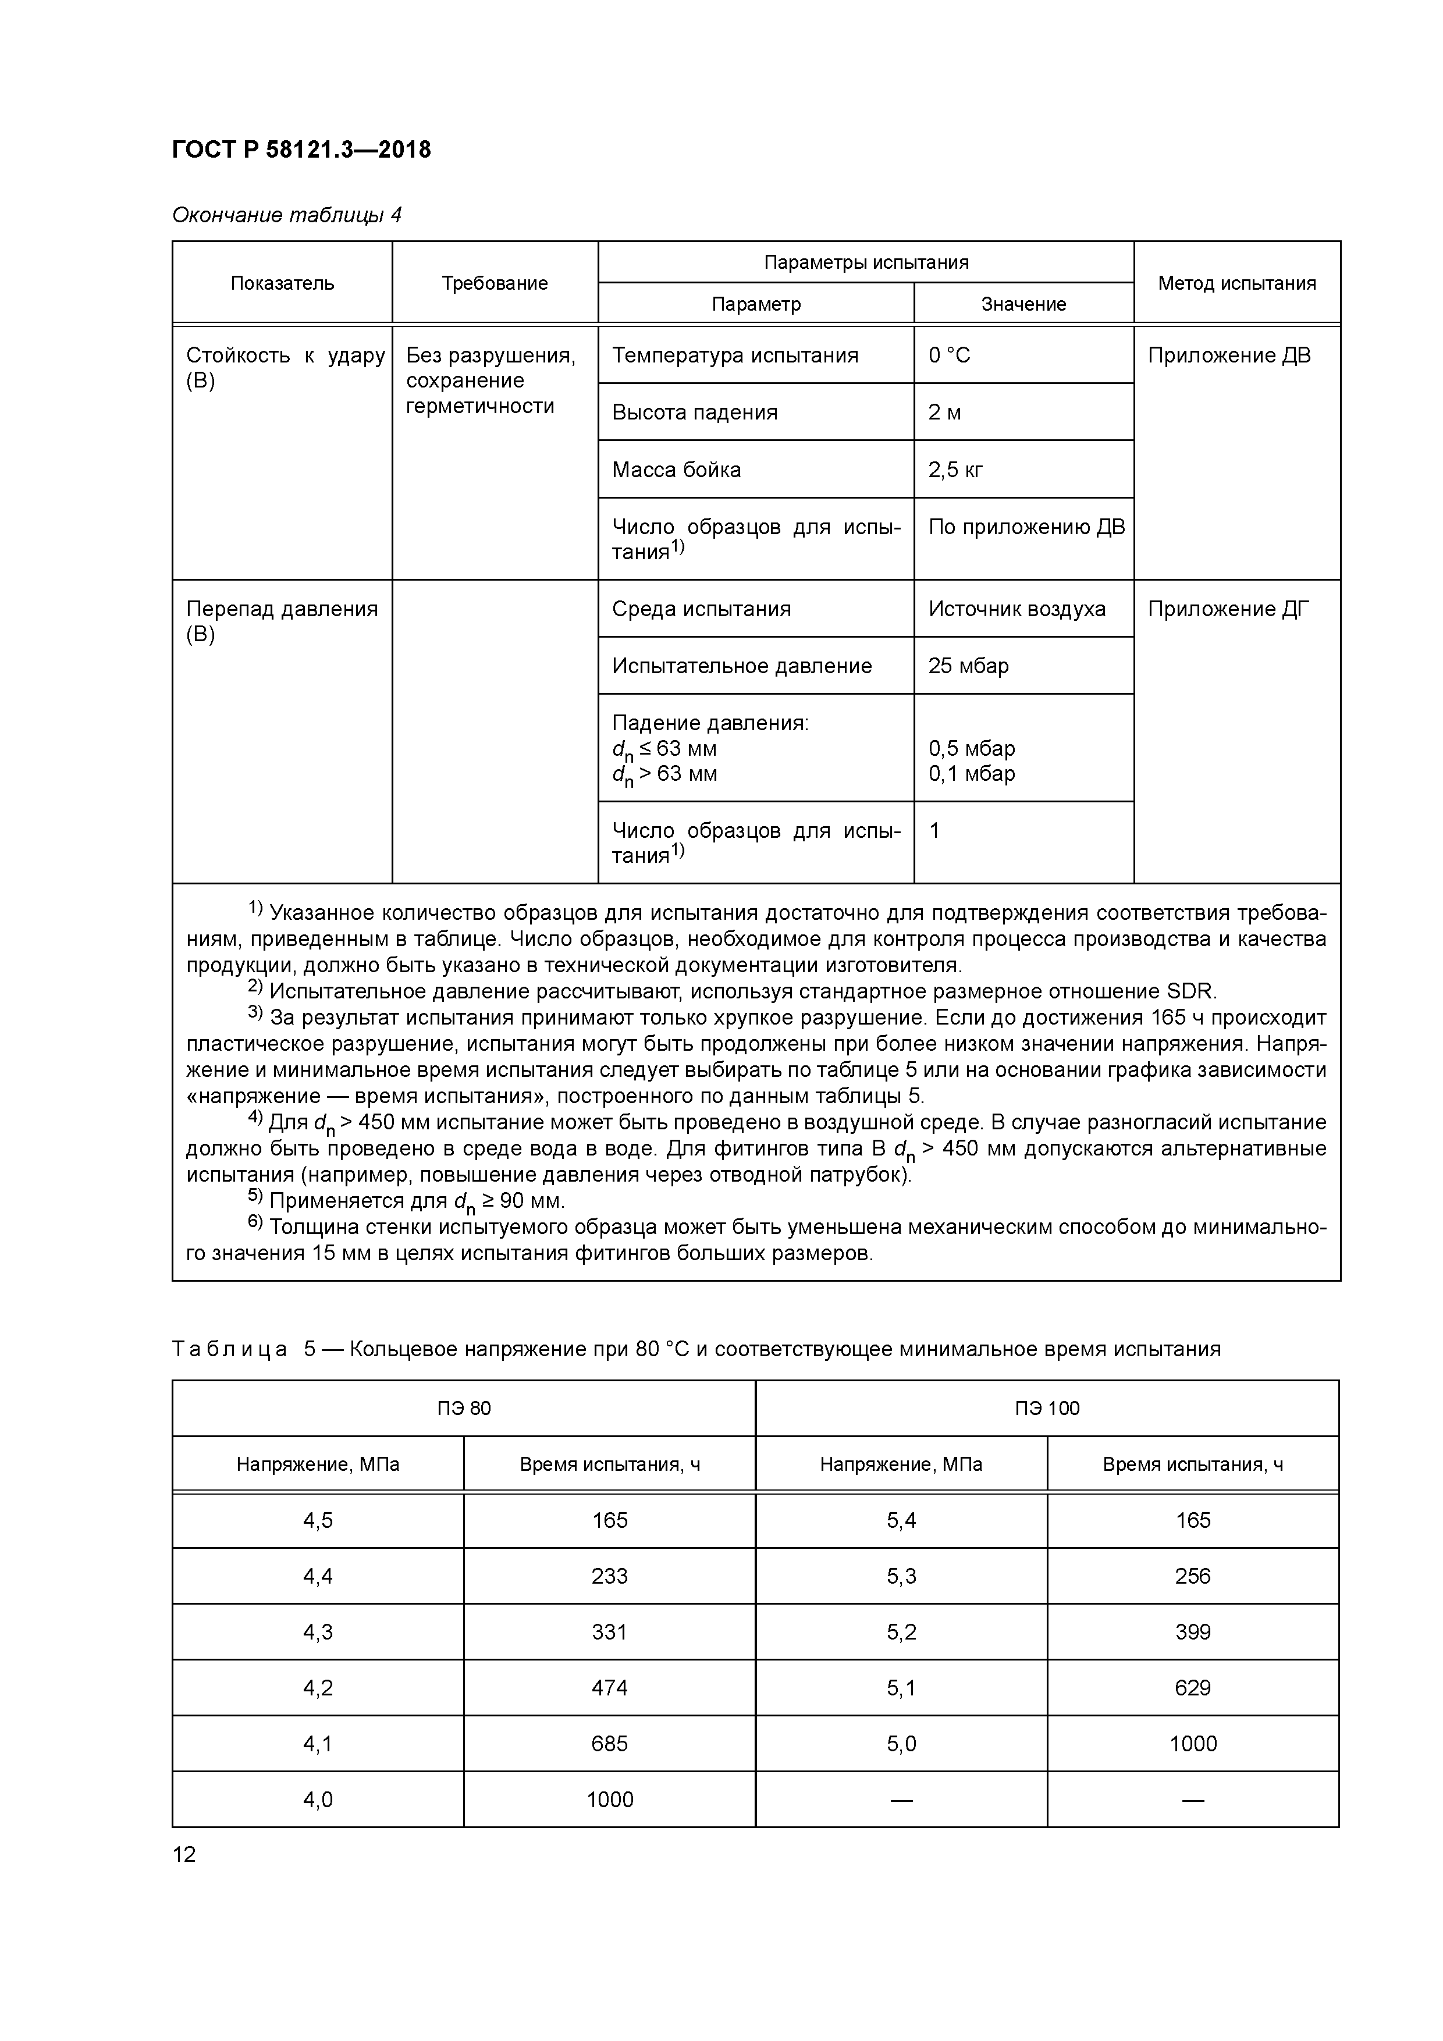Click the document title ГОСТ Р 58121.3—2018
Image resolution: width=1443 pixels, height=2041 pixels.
(x=301, y=150)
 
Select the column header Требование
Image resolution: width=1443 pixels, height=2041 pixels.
(x=495, y=283)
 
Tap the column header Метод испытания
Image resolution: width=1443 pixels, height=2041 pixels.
(x=1236, y=283)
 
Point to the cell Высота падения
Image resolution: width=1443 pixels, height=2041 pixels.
(x=694, y=413)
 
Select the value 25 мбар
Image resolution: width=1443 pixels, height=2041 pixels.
(x=968, y=666)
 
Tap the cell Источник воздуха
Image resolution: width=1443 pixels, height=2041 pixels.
(x=1017, y=609)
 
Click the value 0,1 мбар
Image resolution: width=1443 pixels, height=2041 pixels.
(x=971, y=773)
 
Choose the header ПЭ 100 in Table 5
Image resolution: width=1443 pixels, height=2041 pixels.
(x=1046, y=1408)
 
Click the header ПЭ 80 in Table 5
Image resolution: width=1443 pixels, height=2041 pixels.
(x=463, y=1408)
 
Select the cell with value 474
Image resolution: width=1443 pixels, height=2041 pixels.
(x=609, y=1687)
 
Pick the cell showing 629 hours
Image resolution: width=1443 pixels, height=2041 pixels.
(x=1192, y=1687)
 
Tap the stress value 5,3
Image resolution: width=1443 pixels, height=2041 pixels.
(x=901, y=1576)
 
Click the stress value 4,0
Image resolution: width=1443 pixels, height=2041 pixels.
(x=318, y=1799)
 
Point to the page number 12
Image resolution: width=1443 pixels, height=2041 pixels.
(x=184, y=1854)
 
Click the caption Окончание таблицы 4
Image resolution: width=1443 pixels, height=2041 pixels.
(x=286, y=215)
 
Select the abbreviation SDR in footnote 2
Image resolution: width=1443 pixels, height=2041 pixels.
(x=1190, y=991)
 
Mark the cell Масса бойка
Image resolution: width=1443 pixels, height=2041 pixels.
(x=676, y=470)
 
